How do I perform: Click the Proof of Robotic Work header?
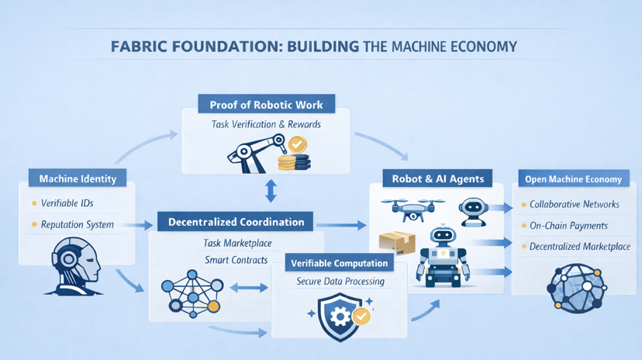pyautogui.click(x=266, y=104)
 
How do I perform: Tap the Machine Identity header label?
pyautogui.click(x=78, y=178)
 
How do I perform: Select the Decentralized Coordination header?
pyautogui.click(x=236, y=222)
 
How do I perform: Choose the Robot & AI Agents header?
pyautogui.click(x=438, y=178)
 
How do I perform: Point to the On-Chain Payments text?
pyautogui.click(x=568, y=226)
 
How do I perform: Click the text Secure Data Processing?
pyautogui.click(x=341, y=282)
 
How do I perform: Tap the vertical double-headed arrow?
pyautogui.click(x=270, y=192)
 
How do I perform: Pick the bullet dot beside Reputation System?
pyautogui.click(x=34, y=225)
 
